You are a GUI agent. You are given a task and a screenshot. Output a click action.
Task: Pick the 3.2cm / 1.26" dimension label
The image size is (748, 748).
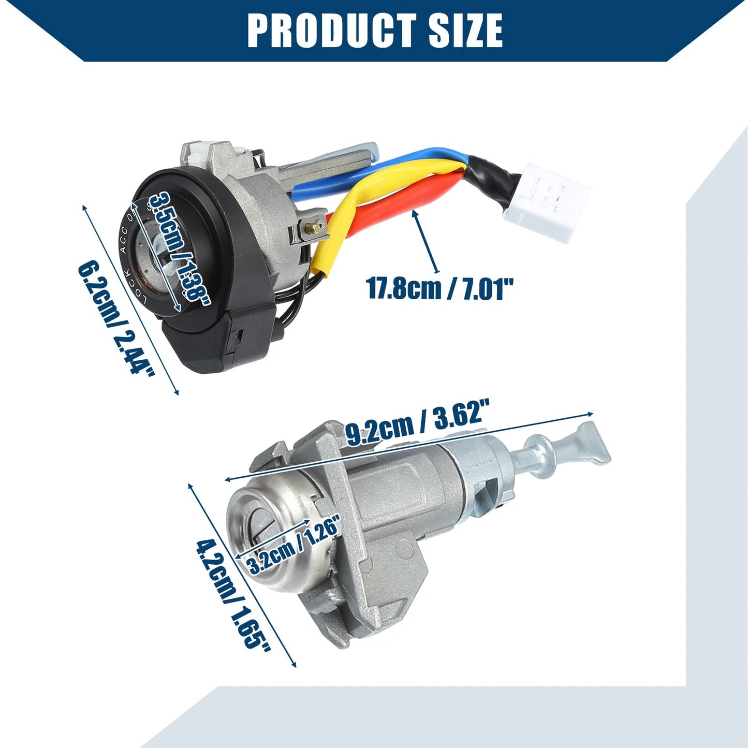294,546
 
